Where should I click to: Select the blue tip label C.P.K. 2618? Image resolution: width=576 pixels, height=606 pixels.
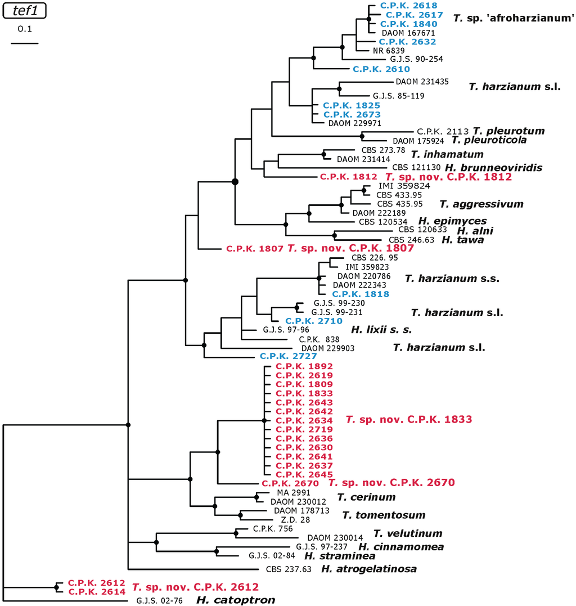point(400,5)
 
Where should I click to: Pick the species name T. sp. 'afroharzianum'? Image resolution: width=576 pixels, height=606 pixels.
point(513,18)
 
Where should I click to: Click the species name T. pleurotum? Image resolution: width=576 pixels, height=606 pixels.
point(509,131)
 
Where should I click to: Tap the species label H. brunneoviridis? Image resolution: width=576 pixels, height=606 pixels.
point(493,167)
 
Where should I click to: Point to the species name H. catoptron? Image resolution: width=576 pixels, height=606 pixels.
point(235,600)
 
